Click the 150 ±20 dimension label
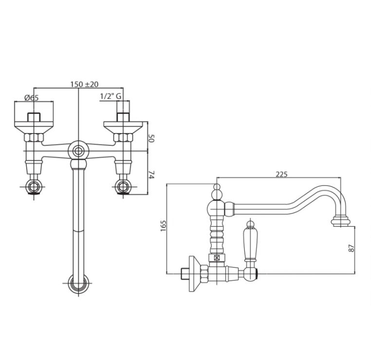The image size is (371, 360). pos(84,84)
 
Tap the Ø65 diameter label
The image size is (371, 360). pos(31,97)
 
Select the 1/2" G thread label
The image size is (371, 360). pos(111,96)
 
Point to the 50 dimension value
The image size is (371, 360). pos(151,138)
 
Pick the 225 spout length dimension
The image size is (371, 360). pos(281,174)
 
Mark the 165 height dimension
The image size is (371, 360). pos(164,226)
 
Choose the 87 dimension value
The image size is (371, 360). pos(352,248)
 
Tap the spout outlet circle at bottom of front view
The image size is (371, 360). pos(78,284)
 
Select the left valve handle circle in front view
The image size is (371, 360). pos(34,186)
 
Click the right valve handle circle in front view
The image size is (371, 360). pos(123,186)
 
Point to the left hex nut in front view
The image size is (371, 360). pos(34,137)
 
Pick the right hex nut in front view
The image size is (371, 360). pos(123,137)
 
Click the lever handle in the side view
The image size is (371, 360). pos(250,241)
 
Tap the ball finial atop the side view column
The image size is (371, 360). pos(217,192)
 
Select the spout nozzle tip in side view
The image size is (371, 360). pos(340,221)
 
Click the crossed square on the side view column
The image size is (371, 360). pos(217,258)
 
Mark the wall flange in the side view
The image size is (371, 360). pos(195,274)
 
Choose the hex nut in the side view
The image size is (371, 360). pos(204,274)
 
